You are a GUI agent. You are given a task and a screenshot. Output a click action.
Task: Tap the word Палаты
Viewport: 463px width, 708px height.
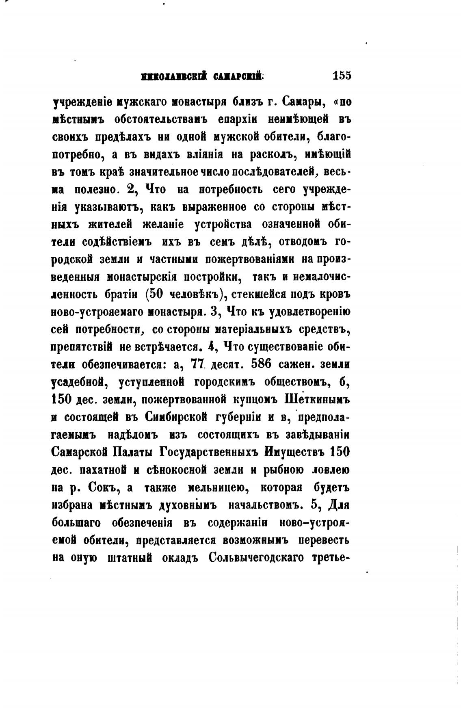click(x=133, y=452)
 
